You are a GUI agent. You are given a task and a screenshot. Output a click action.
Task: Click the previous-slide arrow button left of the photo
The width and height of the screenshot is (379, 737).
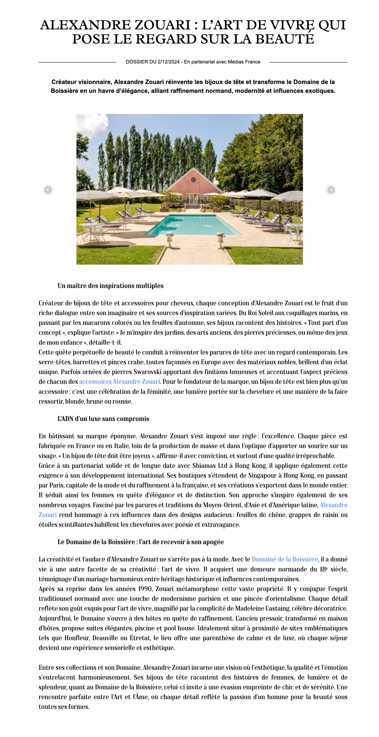(48, 190)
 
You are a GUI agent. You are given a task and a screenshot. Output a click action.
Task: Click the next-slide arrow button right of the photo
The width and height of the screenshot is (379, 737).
(331, 190)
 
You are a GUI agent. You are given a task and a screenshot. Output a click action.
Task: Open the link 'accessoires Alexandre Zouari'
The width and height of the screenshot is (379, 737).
(119, 382)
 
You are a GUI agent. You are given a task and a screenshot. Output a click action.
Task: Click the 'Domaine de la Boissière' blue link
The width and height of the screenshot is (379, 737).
(285, 559)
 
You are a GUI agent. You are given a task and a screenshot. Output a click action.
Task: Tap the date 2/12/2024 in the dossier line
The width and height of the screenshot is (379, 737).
(168, 62)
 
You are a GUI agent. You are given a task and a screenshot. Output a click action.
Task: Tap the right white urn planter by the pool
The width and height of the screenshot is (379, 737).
(220, 240)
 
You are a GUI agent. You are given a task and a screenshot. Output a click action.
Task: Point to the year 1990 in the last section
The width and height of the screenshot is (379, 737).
(145, 589)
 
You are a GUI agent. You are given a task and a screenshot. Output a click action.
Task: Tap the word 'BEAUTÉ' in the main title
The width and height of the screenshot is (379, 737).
(284, 39)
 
